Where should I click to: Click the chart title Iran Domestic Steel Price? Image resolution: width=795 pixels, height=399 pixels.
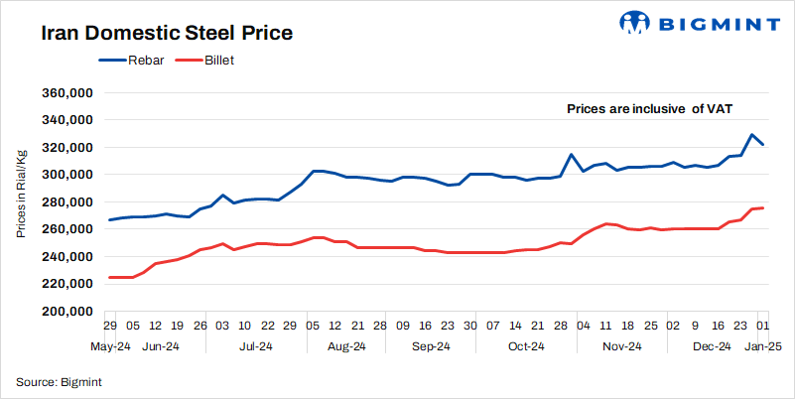pyautogui.click(x=166, y=33)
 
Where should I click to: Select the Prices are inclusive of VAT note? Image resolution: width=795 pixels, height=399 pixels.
pyautogui.click(x=649, y=109)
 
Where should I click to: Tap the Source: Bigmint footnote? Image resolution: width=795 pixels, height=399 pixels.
pyautogui.click(x=59, y=381)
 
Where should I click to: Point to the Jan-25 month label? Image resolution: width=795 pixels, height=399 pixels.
pyautogui.click(x=762, y=346)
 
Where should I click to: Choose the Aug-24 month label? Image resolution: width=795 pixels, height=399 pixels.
pyautogui.click(x=346, y=346)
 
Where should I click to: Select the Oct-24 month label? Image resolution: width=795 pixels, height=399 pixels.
pyautogui.click(x=526, y=346)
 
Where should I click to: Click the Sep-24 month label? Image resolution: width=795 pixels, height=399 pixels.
pyautogui.click(x=431, y=346)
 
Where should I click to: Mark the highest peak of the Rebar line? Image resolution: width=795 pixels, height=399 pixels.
pyautogui.click(x=751, y=135)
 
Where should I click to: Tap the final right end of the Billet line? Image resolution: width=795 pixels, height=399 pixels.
pyautogui.click(x=761, y=207)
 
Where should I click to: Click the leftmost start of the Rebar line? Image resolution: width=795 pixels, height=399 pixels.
pyautogui.click(x=109, y=219)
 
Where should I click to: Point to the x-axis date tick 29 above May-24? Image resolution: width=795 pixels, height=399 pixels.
pyautogui.click(x=110, y=325)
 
